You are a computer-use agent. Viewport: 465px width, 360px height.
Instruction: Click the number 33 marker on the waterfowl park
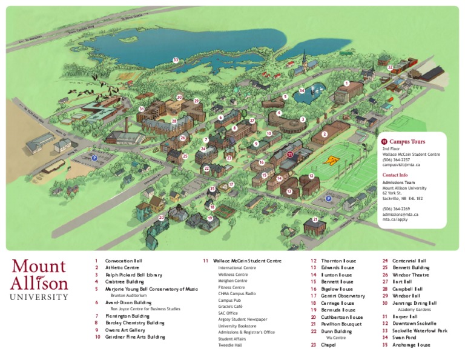click(x=176, y=60)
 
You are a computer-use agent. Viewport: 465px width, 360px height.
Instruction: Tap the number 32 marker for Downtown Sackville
click(x=390, y=67)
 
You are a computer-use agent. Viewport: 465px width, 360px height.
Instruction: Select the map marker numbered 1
click(x=346, y=83)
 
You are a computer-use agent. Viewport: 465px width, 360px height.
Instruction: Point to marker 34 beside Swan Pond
click(x=302, y=91)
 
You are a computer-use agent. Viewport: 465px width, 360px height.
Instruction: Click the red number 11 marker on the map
click(x=290, y=155)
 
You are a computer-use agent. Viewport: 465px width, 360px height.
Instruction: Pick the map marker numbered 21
click(x=315, y=219)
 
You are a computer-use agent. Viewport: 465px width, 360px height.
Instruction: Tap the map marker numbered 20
click(x=161, y=218)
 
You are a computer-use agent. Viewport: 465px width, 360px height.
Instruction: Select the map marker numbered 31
click(x=141, y=109)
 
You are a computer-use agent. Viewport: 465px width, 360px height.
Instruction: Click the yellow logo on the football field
click(x=331, y=161)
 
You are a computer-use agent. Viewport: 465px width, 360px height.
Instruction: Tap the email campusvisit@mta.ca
click(x=401, y=164)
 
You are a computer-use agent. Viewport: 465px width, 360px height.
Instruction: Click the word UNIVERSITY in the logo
click(x=39, y=297)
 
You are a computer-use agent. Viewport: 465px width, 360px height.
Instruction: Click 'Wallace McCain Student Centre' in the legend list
click(x=247, y=261)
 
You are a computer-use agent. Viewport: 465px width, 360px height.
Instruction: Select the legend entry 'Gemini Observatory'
click(x=343, y=296)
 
